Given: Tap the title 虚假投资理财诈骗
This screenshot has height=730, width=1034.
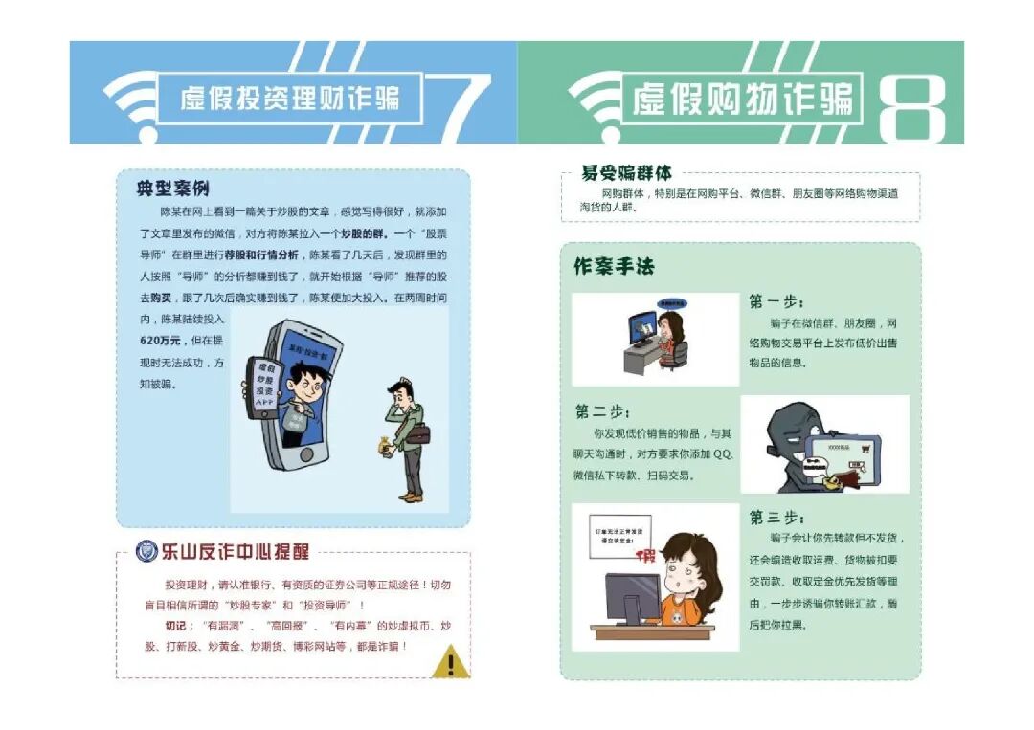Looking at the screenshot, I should pyautogui.click(x=289, y=98).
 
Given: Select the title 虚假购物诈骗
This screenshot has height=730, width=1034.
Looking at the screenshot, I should pyautogui.click(x=742, y=99).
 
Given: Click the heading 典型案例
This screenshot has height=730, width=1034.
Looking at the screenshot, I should pyautogui.click(x=173, y=188).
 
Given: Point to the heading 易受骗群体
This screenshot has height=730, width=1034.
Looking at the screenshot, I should pyautogui.click(x=626, y=173).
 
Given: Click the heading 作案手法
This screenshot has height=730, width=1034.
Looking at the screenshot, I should pyautogui.click(x=614, y=267).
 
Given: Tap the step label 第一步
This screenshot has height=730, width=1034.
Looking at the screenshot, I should pyautogui.click(x=776, y=301).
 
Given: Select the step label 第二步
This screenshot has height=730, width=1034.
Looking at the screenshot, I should pyautogui.click(x=602, y=411).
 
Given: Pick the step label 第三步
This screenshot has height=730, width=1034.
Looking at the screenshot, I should pyautogui.click(x=776, y=517).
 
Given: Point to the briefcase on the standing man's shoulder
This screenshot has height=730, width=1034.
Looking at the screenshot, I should pyautogui.click(x=417, y=432).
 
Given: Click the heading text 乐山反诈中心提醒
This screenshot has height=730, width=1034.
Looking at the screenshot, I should pyautogui.click(x=235, y=552).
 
